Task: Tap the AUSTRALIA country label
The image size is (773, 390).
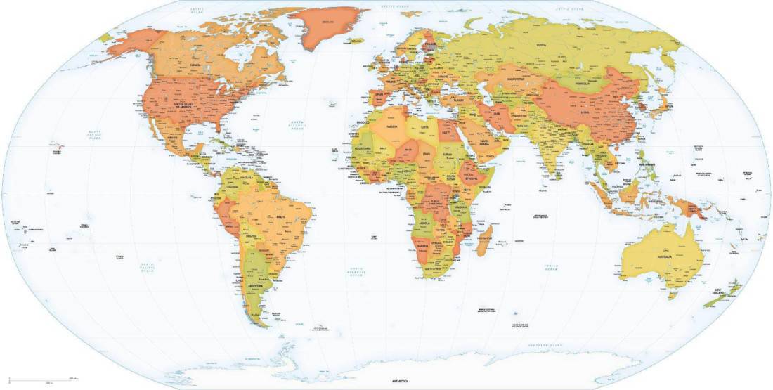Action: pos(664,258)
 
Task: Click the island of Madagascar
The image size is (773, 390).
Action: pos(485,235)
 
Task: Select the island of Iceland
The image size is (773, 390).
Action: pos(357,40)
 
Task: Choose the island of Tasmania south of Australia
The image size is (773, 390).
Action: pos(673,295)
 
